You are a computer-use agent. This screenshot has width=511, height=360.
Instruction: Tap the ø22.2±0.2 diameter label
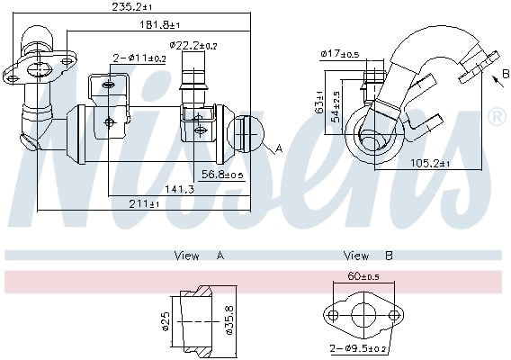click(x=193, y=44)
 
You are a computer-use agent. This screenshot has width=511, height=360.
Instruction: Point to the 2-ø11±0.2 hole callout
click(x=139, y=58)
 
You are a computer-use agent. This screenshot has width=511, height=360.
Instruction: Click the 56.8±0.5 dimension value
click(x=223, y=175)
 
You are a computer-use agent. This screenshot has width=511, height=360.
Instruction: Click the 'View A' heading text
click(x=198, y=256)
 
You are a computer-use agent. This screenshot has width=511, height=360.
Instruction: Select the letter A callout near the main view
click(x=279, y=148)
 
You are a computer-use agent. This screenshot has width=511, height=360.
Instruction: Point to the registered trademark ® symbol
click(x=496, y=117)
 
